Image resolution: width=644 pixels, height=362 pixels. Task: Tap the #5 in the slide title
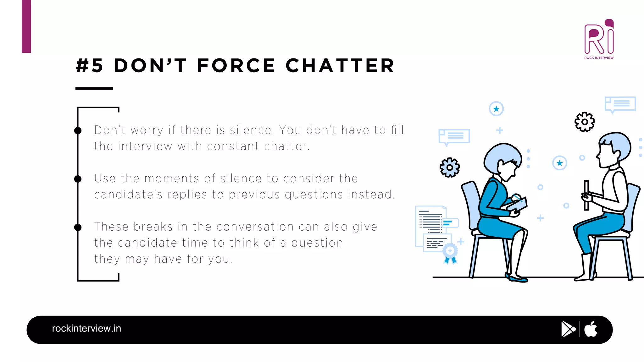pos(90,66)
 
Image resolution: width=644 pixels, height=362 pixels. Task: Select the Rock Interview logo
pos(599,39)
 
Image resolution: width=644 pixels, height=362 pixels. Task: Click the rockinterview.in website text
pos(86,328)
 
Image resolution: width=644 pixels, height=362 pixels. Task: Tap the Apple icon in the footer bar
pos(591,329)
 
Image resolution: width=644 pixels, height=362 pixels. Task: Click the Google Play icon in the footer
pos(568,329)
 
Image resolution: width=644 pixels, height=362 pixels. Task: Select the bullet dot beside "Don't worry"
pos(78,130)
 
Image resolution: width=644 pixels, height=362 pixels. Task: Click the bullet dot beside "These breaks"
pos(78,227)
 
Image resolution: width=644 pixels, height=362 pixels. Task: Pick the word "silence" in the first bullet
pos(251,130)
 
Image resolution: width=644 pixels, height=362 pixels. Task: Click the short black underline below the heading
pos(94,88)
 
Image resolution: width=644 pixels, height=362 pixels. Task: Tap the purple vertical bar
pos(26,26)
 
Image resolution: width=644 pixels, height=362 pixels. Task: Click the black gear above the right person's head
pos(585,122)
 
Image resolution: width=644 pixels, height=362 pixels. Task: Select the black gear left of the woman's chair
pos(450,167)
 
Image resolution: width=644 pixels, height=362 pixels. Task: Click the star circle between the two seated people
pos(559,163)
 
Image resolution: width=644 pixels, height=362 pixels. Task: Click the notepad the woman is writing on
pos(517,205)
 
